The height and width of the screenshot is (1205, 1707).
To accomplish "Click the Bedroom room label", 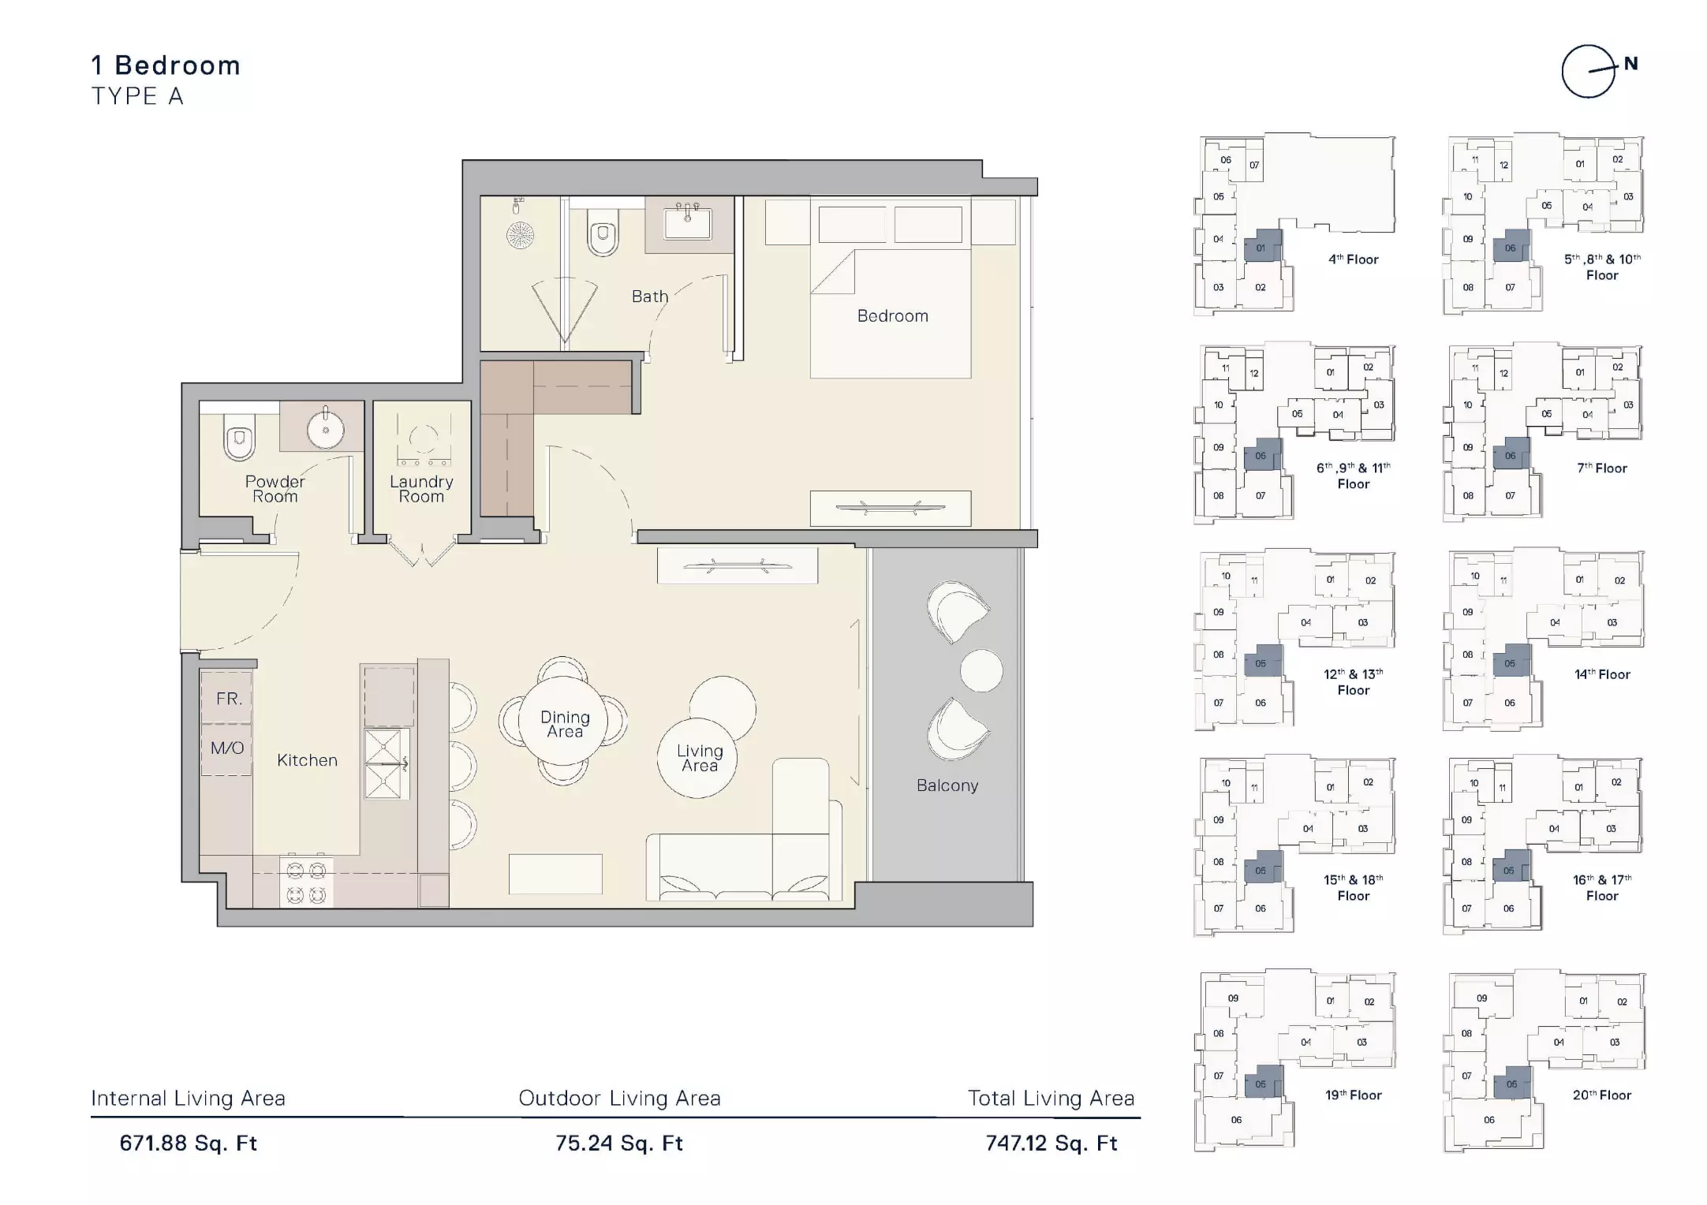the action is coord(892,316).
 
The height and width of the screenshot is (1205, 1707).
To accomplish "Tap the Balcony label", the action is coord(947,785).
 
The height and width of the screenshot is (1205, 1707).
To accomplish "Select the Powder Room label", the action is coord(275,489).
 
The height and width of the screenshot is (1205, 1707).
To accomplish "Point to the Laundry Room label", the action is coord(421,489).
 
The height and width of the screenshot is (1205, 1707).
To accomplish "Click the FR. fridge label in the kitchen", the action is coord(229,699).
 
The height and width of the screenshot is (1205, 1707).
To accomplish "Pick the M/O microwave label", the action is coord(227,748).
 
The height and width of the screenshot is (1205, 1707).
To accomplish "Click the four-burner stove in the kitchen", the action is coord(306,882).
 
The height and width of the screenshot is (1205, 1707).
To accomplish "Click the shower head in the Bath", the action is coord(520,234).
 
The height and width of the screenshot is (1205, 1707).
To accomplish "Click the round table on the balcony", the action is coord(981,670).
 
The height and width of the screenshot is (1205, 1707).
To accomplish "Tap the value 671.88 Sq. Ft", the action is coord(189,1143).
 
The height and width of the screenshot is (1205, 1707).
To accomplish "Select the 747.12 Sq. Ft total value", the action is coord(1051,1143).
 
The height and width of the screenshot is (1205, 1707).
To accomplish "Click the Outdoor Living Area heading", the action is coord(619,1099).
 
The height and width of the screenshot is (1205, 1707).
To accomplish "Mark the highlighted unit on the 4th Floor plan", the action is coord(1262,246).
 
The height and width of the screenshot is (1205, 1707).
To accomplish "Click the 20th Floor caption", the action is coord(1602,1095).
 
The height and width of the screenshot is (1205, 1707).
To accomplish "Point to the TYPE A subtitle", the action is coord(137,96).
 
